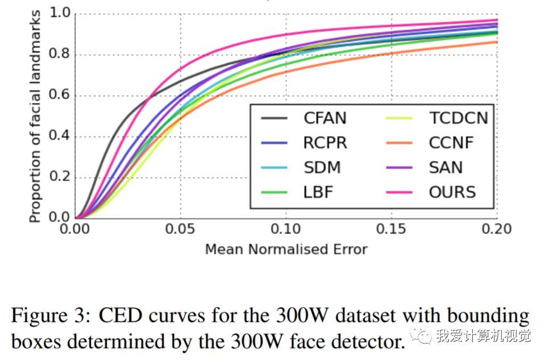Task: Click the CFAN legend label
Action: pos(325,118)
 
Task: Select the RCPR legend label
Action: pos(325,143)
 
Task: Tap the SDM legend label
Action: pos(321,167)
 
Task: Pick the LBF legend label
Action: pos(318,192)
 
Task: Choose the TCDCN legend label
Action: pos(458,118)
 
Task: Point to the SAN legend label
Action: pos(446,167)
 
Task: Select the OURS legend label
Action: pos(452,192)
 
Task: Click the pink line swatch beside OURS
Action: pos(401,192)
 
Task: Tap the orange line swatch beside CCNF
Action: pos(401,143)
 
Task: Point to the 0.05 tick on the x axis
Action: pos(181,229)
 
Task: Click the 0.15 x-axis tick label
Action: pos(392,229)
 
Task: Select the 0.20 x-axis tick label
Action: pos(497,229)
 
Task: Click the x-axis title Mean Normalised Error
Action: pos(286,249)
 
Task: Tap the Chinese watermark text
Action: pos(483,336)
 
